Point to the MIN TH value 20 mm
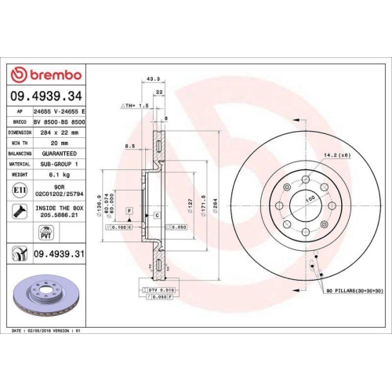pyautogui.click(x=52, y=143)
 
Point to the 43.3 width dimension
pyautogui.click(x=154, y=78)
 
